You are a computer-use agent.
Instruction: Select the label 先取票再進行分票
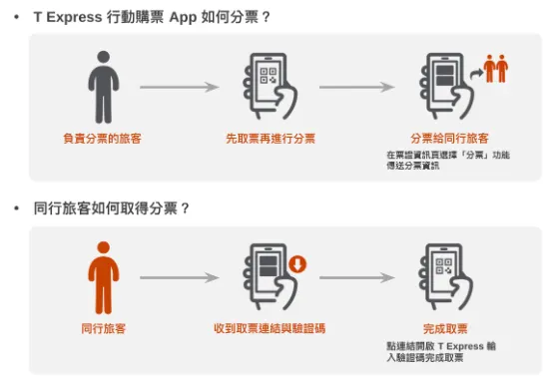click(x=270, y=138)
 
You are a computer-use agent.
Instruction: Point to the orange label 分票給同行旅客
click(x=448, y=138)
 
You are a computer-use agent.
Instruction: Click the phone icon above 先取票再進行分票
click(x=268, y=86)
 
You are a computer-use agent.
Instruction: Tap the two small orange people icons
click(x=496, y=69)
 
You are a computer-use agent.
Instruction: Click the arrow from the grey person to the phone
click(x=179, y=88)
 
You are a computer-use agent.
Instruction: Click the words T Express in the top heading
click(x=66, y=18)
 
